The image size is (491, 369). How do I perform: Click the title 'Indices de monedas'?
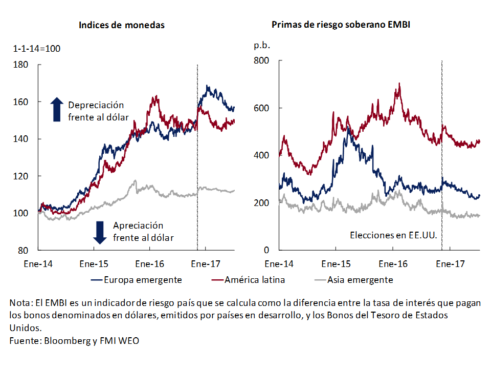coord(122,25)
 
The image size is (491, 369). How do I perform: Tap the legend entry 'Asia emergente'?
coord(360,280)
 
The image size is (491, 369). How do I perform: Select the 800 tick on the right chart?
coord(261,60)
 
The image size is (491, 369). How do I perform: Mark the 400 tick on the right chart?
coord(261,155)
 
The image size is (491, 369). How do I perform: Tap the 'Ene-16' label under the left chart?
coord(149,264)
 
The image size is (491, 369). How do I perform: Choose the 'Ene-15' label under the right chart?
coord(336,264)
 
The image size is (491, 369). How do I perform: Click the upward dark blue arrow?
coord(57,109)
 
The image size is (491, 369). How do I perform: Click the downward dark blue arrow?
coord(100,232)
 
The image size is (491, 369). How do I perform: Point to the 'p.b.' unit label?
coord(261,45)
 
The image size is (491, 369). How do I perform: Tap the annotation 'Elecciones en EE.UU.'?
coord(393,235)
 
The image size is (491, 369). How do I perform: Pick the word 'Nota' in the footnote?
coord(20,303)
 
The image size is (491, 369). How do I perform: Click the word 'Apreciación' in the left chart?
coord(138,226)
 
